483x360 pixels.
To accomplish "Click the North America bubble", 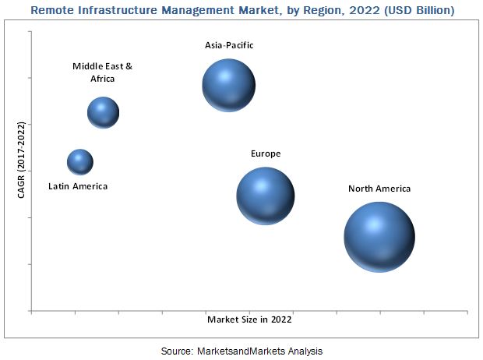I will pos(379,237).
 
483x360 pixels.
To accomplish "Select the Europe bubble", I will pos(266,196).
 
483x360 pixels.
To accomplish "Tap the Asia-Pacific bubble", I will pos(229,86).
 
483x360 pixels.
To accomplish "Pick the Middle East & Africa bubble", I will pos(103,113).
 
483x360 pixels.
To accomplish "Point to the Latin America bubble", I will pos(79,162).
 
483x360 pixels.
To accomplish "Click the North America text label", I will pos(379,189).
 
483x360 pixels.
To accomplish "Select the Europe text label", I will pos(266,154).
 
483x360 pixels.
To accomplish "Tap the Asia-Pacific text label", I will pos(229,45).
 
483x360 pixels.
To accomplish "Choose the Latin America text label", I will pos(78,186).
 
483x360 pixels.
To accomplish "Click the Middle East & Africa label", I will pos(103,72).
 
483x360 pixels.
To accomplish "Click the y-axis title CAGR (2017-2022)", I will pos(21,160).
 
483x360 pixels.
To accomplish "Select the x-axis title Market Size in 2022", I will pos(249,319).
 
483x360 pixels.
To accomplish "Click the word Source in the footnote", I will pos(177,351).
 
